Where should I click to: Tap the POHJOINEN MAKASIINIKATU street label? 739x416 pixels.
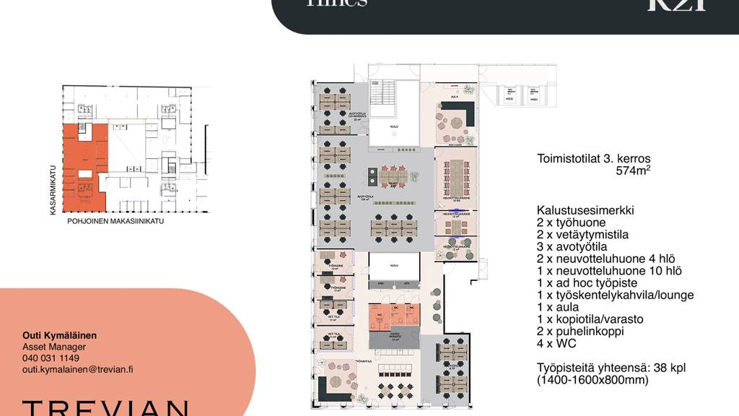coord(115,222)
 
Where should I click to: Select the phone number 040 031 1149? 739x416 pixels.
coord(51,358)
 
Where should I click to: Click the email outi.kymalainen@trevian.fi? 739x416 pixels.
coord(77,369)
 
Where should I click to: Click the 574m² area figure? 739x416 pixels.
coord(633,172)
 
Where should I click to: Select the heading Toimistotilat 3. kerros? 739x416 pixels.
coord(594,159)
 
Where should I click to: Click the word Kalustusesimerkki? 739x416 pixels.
coord(585,210)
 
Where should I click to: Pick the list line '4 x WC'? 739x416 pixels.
coord(556,344)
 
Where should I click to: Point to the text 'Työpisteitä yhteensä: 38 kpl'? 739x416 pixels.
coord(611,368)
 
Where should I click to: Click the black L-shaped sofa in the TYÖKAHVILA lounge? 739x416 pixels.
coord(328,387)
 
